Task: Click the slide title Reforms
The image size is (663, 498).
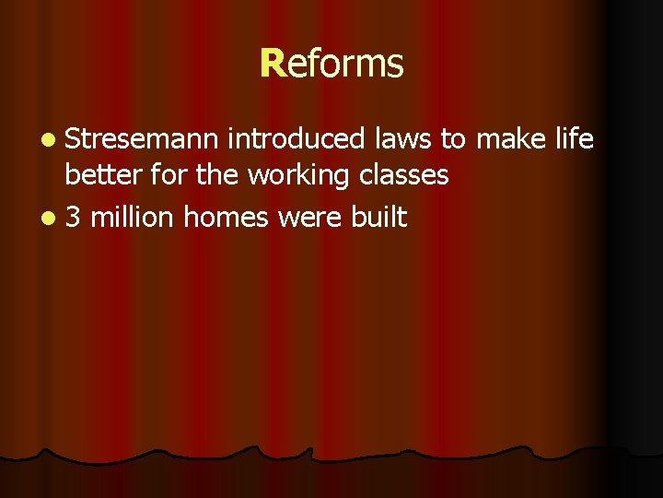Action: pyautogui.click(x=331, y=64)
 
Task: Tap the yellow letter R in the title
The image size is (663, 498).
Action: pyautogui.click(x=270, y=64)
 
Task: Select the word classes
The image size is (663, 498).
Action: pyautogui.click(x=404, y=175)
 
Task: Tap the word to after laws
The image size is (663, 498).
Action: pyautogui.click(x=453, y=139)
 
